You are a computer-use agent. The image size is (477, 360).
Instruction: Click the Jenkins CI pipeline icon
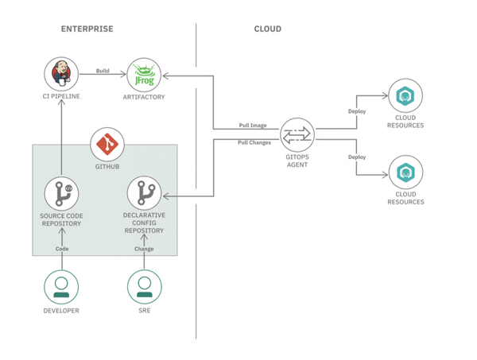coord(61,75)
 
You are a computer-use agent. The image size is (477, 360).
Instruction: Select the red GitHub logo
coord(107,145)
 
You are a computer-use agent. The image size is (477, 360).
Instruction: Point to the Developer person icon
coord(61,287)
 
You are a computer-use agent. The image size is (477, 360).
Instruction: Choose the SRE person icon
coord(144,287)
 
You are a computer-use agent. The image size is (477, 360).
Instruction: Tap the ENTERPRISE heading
coord(87,29)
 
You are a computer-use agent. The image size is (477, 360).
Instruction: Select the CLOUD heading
coord(267,29)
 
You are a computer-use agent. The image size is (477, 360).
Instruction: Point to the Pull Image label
coord(253,126)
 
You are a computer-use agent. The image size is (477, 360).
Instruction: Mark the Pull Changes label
coord(254,142)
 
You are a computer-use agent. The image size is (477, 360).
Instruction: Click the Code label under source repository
coord(62,249)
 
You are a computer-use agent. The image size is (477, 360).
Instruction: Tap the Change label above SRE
coord(144,249)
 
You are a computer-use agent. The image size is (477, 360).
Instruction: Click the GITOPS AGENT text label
coord(298,161)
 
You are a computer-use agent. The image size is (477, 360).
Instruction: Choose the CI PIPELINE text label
coord(61,96)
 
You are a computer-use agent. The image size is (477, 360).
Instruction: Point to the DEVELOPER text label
coord(61,311)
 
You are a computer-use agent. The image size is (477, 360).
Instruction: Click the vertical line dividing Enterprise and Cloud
coord(196,238)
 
